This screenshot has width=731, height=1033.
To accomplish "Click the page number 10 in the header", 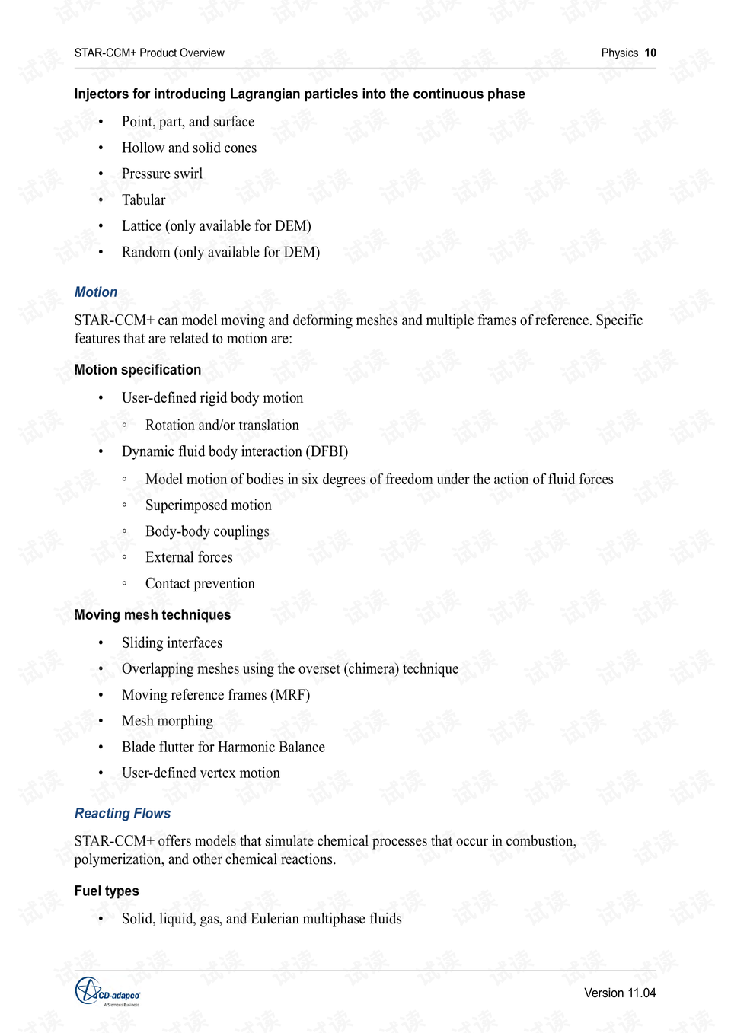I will click(x=650, y=53).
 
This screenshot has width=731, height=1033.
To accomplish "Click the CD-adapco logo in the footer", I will click(x=107, y=992).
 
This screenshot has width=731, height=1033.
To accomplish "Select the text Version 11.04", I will click(x=619, y=993).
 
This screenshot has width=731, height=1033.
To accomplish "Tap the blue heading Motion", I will click(x=96, y=292).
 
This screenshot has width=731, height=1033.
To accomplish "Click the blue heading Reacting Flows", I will click(x=123, y=813).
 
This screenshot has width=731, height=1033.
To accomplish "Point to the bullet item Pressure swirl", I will click(x=162, y=174).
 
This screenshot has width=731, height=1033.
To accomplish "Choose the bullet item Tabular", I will click(x=143, y=200).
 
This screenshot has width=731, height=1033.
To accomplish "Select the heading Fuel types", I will click(x=107, y=891).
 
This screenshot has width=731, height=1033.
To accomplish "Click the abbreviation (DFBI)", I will click(x=327, y=451).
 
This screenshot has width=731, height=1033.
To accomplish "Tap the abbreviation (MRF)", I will click(x=290, y=695).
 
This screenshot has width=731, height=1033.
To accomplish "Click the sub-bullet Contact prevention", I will click(x=200, y=584).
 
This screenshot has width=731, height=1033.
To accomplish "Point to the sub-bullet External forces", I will click(x=189, y=557).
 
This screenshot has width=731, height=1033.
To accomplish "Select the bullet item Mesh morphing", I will click(x=168, y=721).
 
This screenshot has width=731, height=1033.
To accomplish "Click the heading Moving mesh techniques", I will click(x=152, y=615).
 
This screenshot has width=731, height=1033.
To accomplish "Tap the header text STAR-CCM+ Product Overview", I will click(x=149, y=53).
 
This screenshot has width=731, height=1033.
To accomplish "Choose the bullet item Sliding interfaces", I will click(x=172, y=643).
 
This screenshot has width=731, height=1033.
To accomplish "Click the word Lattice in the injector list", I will click(x=142, y=226).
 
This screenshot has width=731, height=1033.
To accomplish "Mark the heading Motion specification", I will click(x=138, y=370).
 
